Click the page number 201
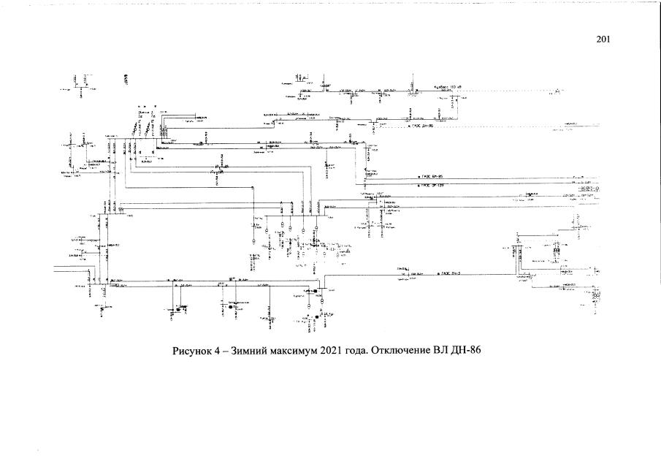tap(603, 39)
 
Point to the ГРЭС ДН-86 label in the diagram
tap(421, 126)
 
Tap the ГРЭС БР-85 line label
tap(431, 177)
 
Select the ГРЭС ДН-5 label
tap(448, 273)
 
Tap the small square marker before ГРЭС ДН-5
tap(437, 273)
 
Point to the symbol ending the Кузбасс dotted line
tap(557, 91)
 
